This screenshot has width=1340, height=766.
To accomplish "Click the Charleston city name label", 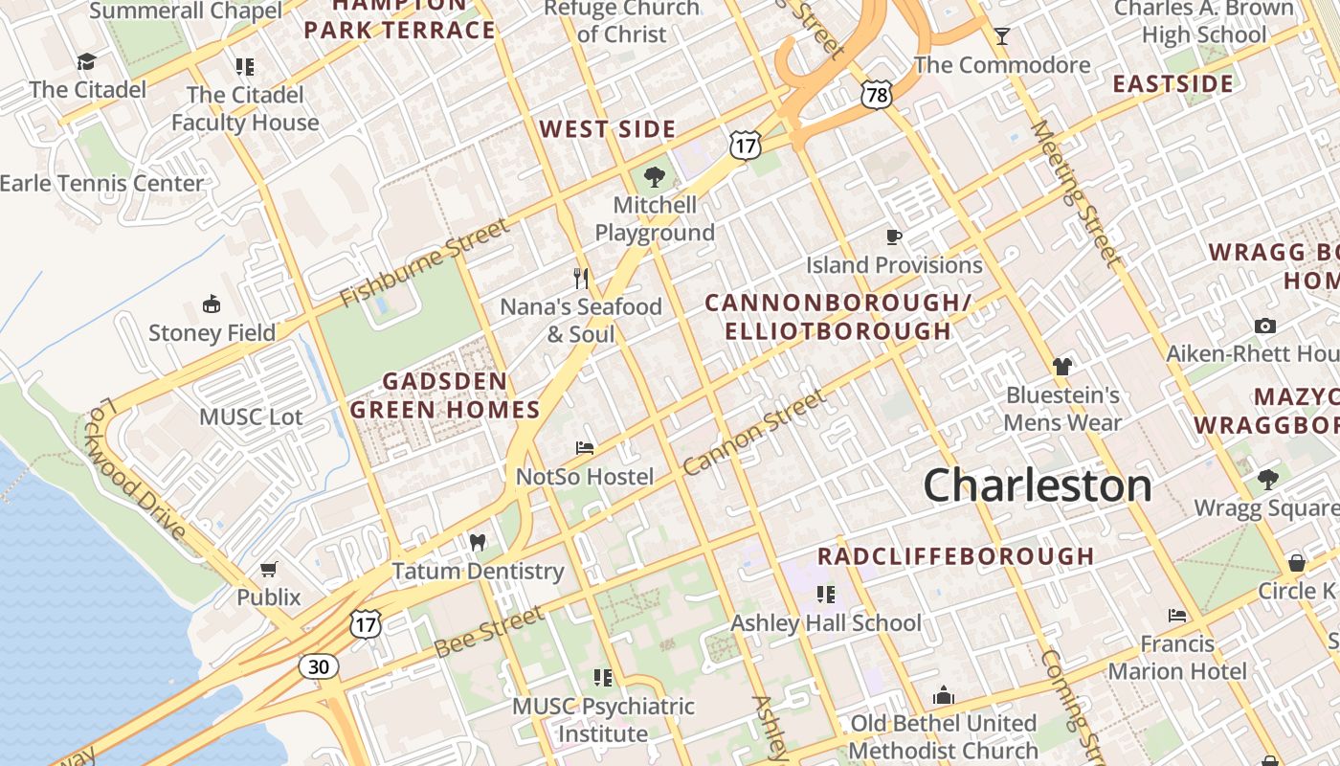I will [x=1038, y=485].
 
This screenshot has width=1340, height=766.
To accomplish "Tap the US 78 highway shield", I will [x=876, y=94].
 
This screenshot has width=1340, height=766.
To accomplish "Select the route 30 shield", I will [x=318, y=665].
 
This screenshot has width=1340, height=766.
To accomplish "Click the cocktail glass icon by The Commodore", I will [x=1002, y=36].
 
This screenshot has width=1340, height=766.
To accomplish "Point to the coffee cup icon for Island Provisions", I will [x=894, y=237].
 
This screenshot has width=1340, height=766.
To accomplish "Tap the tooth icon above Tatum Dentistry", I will [x=478, y=543].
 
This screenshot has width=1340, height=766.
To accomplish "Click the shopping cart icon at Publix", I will [x=269, y=570].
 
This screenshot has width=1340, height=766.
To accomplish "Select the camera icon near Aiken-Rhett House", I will [x=1265, y=327].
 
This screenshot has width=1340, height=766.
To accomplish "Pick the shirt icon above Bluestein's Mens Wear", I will [x=1061, y=366].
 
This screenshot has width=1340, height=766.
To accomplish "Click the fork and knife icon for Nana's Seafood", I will [x=581, y=279].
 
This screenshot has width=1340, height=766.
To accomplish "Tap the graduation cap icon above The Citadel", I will [x=87, y=62].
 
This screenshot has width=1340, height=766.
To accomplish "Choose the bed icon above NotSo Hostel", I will [x=585, y=448].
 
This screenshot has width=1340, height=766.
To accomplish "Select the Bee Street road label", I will [x=489, y=631].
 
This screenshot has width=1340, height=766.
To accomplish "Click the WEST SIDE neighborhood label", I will [x=608, y=129].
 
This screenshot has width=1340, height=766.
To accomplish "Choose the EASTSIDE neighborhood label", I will [x=1172, y=83].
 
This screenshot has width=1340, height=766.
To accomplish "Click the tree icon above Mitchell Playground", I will [x=655, y=177].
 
